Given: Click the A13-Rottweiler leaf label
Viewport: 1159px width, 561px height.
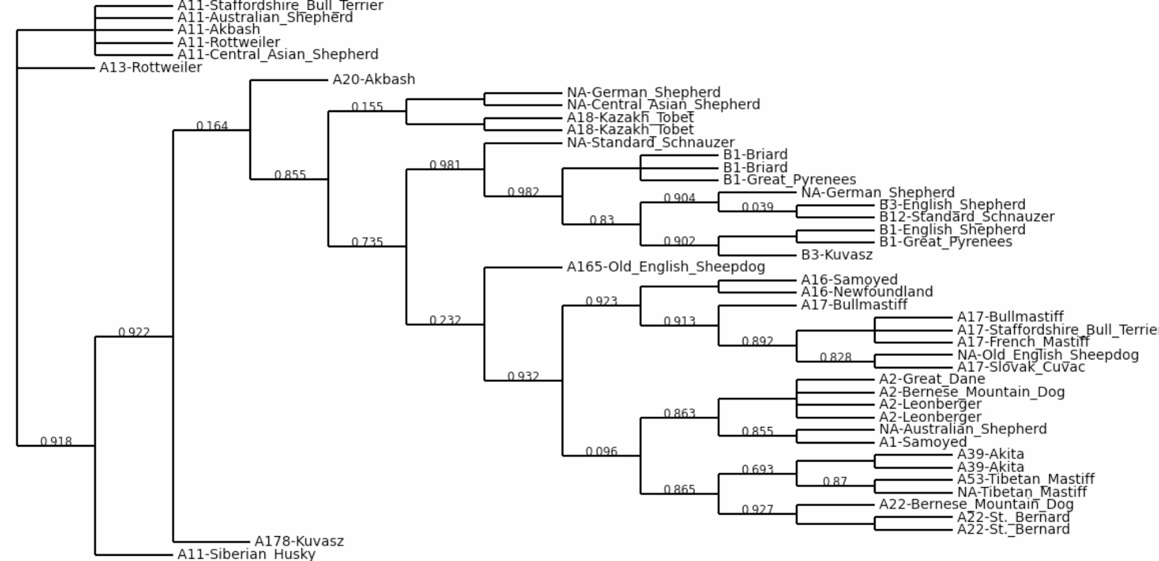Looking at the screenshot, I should point(151,68).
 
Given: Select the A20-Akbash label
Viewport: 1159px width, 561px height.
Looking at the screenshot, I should point(373,80).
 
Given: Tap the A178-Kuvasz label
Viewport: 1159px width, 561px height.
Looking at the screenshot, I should point(299,541).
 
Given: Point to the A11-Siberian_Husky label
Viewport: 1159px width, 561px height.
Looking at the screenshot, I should point(246,554).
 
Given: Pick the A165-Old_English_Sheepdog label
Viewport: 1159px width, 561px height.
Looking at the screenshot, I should point(666,267).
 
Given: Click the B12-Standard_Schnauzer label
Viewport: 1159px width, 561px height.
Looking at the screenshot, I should point(966,217).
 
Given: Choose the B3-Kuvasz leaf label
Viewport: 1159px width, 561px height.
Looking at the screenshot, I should point(836,255).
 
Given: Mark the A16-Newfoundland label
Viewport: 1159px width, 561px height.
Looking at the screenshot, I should point(866,292).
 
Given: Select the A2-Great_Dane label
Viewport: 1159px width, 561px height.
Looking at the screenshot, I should point(932,380).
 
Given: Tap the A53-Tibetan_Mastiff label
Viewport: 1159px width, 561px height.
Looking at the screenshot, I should point(1025,480).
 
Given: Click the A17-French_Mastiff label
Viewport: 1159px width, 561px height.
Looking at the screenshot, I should point(1023,342).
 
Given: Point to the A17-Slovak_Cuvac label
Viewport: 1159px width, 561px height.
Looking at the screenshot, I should point(1020,367).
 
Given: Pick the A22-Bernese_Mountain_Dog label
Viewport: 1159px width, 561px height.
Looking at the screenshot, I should point(976,504).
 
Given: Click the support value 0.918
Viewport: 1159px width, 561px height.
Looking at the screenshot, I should point(56,441).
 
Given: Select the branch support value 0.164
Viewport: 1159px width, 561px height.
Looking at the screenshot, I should point(212,126).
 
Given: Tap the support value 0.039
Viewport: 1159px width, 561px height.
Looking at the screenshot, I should point(757,207).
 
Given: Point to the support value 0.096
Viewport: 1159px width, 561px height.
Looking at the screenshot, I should point(601,451).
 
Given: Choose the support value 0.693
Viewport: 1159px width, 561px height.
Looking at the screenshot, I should point(757,469).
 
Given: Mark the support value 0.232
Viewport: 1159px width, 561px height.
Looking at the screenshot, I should point(445,320).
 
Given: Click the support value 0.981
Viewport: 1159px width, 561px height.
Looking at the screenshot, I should point(445,165).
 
